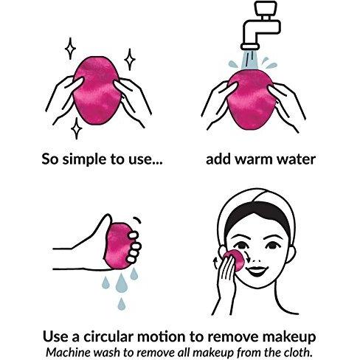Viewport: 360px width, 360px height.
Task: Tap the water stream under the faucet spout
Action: click(x=250, y=59)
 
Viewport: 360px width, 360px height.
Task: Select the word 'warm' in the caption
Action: click(x=255, y=159)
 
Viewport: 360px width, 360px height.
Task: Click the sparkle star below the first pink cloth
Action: click(x=77, y=128)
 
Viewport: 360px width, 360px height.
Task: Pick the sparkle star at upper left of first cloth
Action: click(x=70, y=49)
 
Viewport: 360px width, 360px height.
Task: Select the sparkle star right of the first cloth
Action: click(x=130, y=60)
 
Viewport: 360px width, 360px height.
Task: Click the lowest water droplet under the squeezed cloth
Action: click(x=122, y=304)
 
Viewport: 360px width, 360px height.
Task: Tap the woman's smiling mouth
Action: click(x=256, y=271)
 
